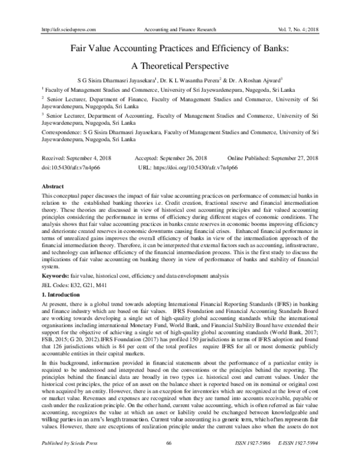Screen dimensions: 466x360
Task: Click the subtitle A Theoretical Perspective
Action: point(180,62)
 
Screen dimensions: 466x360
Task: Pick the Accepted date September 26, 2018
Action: point(179,157)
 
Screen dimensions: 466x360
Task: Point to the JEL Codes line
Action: point(72,284)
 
